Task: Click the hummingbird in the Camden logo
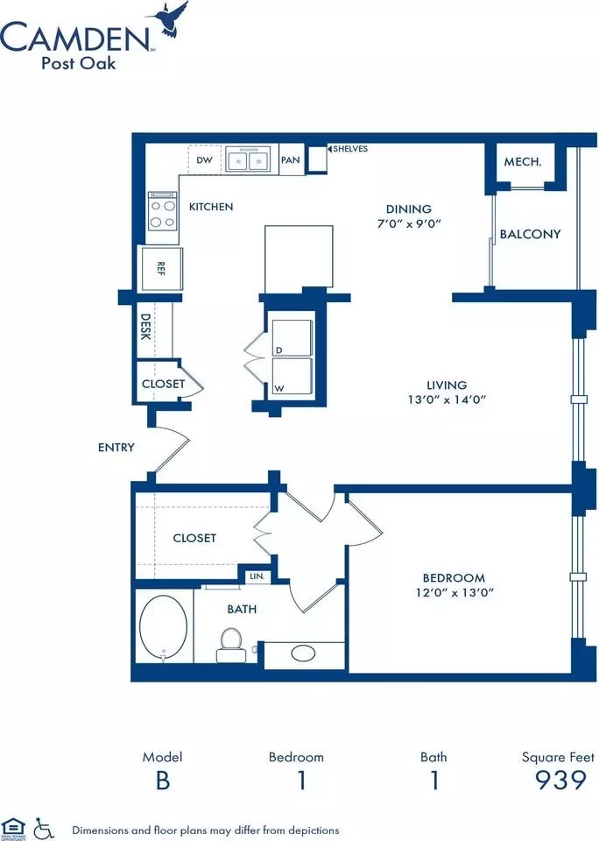point(171,20)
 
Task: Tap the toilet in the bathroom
point(231,646)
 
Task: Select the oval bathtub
point(164,626)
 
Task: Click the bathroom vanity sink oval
point(304,653)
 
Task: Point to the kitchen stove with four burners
point(163,210)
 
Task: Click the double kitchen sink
point(248,159)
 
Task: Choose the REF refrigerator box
point(160,268)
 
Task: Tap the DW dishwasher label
point(204,159)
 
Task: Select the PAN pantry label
point(291,159)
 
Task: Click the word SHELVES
point(350,149)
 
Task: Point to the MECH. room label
point(523,161)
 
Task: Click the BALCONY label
point(531,234)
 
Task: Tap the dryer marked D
point(292,338)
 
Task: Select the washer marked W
point(292,377)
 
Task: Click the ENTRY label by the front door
point(116,448)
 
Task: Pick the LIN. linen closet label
point(257,576)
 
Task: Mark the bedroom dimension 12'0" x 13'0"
point(455,593)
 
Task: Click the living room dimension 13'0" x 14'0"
point(447,399)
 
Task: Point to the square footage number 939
point(560,780)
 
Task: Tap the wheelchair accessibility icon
point(44,829)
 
